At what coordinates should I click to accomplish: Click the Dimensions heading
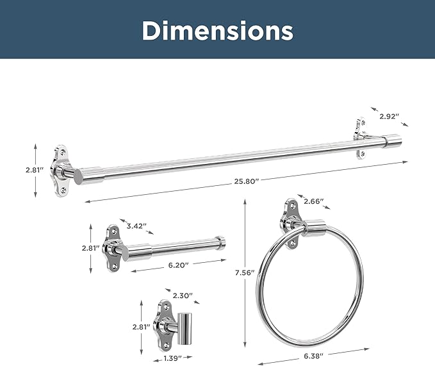point(218,31)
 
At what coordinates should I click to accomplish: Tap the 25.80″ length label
point(246,181)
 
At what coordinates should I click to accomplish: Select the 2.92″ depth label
point(389,117)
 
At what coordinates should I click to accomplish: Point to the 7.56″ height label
point(245,273)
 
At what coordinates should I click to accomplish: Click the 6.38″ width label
point(313,356)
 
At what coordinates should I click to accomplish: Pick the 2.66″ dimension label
point(314,201)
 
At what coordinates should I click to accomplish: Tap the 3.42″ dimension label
point(136,226)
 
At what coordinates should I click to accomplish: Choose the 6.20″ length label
point(178,265)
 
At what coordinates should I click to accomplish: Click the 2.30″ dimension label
point(183,295)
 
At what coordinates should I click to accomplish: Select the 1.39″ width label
point(172,358)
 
